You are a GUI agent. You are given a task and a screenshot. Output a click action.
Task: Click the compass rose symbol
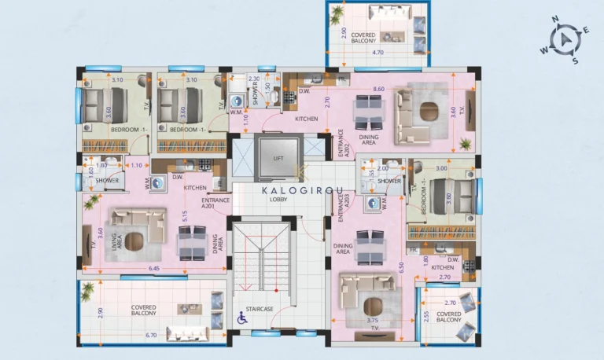point(565,40)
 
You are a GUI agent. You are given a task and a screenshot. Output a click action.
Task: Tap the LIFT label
point(278,158)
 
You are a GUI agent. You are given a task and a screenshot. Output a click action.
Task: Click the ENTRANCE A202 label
point(341,144)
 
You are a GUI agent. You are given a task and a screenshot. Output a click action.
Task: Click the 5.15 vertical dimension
point(184,215)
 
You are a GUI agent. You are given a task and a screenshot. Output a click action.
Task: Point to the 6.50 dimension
point(401,267)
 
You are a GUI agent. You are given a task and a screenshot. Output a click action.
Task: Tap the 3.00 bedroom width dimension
point(441,168)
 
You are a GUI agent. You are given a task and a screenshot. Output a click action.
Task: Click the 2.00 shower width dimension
point(382,167)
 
